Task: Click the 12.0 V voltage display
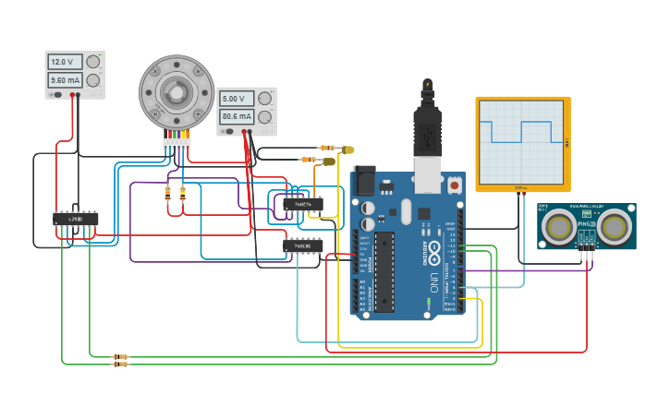point(64,62)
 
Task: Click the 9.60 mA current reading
point(64,80)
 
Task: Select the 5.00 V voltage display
point(235,99)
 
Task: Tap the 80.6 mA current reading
point(235,117)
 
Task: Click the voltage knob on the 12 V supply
point(92,62)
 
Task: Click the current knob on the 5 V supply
point(265,117)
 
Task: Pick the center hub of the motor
point(176,90)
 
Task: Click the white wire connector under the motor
point(177,144)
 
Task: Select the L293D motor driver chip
point(76,220)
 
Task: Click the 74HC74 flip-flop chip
point(303,205)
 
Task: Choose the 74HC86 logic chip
point(303,246)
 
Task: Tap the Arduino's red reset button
point(454,185)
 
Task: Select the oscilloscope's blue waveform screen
point(521,143)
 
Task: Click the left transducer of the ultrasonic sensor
point(558,225)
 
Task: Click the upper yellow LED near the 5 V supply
point(347,149)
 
